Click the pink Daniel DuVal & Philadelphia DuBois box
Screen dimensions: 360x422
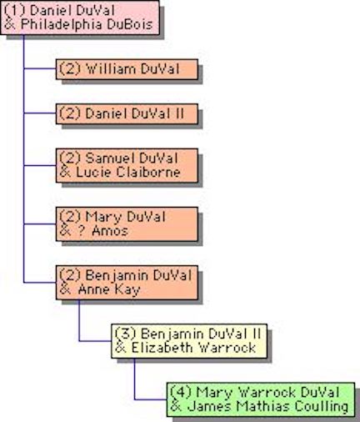tap(80, 18)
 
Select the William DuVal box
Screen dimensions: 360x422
tap(127, 69)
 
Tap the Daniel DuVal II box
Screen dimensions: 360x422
tap(127, 113)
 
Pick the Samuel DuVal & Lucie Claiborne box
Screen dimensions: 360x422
tap(127, 165)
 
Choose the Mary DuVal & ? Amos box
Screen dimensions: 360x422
tap(127, 224)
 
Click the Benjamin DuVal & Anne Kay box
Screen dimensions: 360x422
tap(127, 283)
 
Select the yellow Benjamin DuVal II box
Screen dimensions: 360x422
tap(189, 341)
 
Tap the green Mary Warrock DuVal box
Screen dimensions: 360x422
tap(261, 399)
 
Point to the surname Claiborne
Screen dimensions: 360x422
tap(148, 172)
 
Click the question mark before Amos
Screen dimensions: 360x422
tap(81, 231)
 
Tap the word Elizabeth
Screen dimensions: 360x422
tap(162, 348)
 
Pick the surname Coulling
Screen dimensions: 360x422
tap(322, 407)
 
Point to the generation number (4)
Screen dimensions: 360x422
tap(181, 392)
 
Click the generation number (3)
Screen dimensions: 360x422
tap(126, 334)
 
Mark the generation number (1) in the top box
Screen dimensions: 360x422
tap(15, 11)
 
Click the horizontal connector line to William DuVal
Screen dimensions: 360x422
tap(40, 68)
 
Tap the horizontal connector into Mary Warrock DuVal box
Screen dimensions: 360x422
tap(151, 399)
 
